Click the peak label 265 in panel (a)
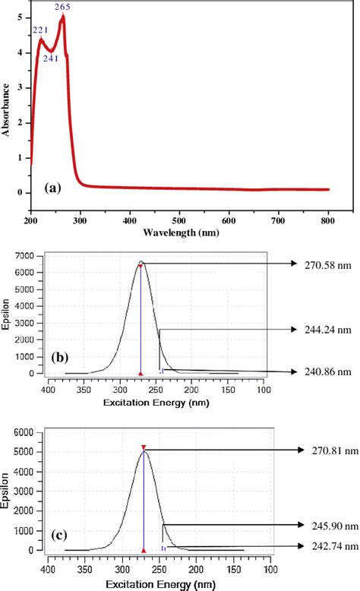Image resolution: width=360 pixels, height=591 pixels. (x=62, y=6)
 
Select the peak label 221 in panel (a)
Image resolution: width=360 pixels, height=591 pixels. (x=40, y=30)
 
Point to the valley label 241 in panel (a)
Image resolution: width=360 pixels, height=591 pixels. (x=51, y=58)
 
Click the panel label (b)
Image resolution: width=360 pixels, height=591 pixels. (x=61, y=356)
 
